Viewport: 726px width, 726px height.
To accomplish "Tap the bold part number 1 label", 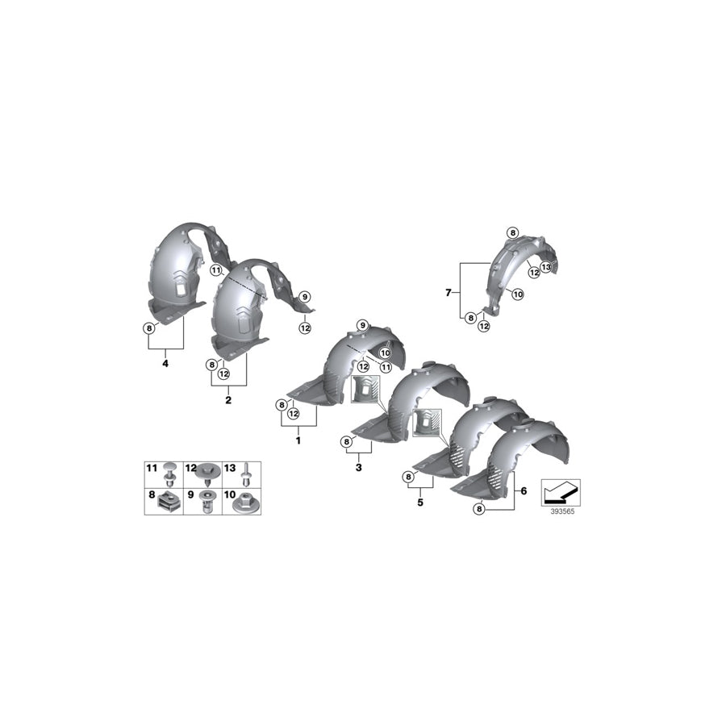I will tap(298, 441).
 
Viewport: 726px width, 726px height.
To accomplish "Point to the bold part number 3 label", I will tap(358, 466).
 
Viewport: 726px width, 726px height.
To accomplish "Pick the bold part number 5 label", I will tap(419, 501).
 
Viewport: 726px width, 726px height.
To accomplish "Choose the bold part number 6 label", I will tap(524, 490).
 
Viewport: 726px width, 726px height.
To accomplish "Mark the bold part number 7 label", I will tap(449, 292).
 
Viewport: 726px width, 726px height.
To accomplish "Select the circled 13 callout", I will tap(545, 267).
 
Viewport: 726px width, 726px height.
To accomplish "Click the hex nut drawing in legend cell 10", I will tap(240, 504).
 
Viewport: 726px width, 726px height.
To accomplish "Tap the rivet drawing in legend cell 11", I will tap(169, 472).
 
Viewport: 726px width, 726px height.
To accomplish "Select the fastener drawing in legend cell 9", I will tap(207, 504).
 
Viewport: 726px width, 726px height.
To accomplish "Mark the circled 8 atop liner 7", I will tap(512, 233).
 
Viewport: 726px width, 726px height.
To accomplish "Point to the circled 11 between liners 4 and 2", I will tap(216, 271).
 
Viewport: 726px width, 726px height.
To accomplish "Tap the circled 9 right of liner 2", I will tap(305, 297).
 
